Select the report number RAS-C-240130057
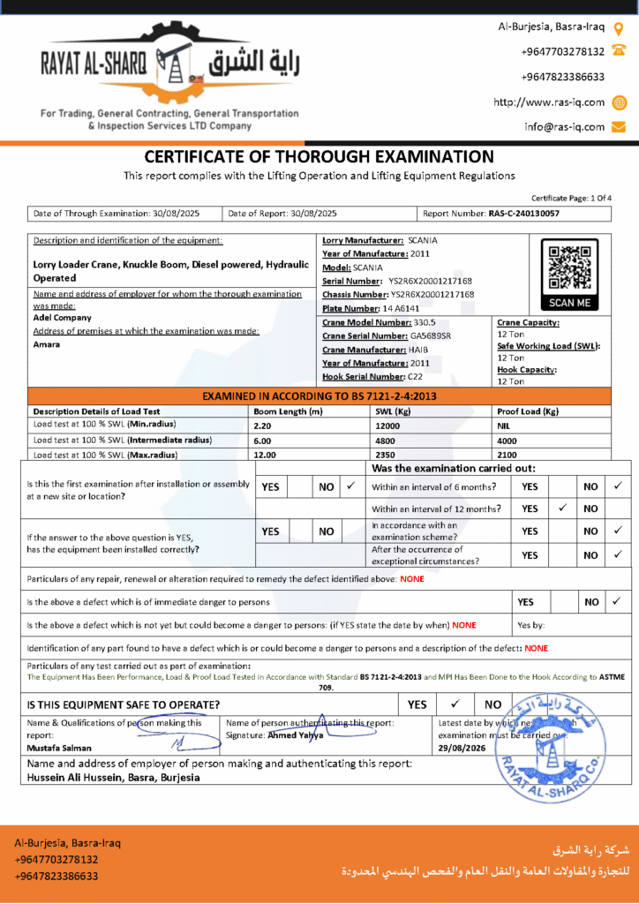pos(523,214)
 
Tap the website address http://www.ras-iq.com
pos(549,102)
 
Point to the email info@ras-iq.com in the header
pos(565,126)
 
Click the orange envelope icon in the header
pos(619,126)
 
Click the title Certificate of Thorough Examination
pos(319,157)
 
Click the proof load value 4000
pos(507,440)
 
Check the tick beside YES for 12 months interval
pos(562,508)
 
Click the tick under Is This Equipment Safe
pos(455,704)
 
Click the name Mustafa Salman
pos(53,747)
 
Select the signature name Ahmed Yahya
pos(295,734)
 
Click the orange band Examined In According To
pos(319,396)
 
